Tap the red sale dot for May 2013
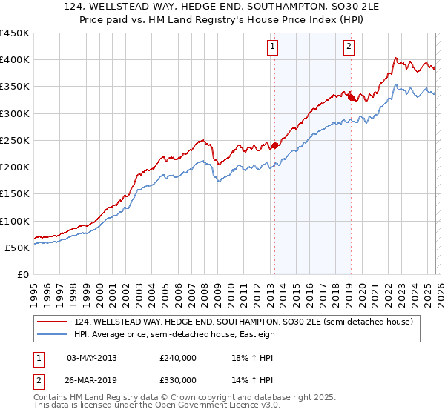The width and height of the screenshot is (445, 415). pyautogui.click(x=274, y=145)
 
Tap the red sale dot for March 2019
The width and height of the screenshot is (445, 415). pyautogui.click(x=351, y=96)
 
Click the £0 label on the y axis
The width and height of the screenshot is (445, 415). pyautogui.click(x=23, y=274)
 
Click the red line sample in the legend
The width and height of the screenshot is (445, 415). pyautogui.click(x=53, y=321)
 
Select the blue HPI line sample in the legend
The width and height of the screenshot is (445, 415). pyautogui.click(x=53, y=334)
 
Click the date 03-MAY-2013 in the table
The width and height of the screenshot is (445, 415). pyautogui.click(x=92, y=357)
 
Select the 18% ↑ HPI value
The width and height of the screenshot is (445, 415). pyautogui.click(x=250, y=357)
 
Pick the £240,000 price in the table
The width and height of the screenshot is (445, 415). pyautogui.click(x=177, y=357)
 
